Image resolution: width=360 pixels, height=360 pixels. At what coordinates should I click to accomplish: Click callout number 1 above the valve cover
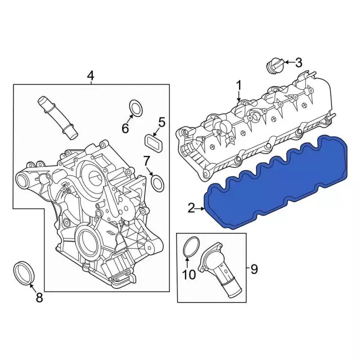pos(238,86)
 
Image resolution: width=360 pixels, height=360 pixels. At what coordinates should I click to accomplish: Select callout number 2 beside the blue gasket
pos(192,209)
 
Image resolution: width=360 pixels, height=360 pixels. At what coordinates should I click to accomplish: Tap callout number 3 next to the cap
pos(298,62)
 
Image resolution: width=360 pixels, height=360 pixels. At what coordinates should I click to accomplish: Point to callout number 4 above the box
pos(91,75)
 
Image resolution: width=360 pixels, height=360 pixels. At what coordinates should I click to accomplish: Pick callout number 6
pos(125,128)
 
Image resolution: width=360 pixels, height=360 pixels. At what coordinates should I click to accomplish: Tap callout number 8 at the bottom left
pos(39,298)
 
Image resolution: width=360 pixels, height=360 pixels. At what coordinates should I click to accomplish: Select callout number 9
pos(253,269)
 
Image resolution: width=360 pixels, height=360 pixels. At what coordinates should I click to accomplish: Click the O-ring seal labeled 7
pos(159,182)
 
